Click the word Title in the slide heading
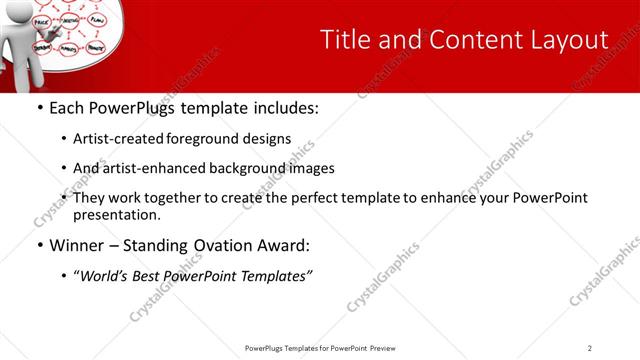(x=343, y=39)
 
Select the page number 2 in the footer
(x=590, y=347)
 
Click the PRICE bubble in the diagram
(x=43, y=21)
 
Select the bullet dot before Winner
(x=39, y=245)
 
